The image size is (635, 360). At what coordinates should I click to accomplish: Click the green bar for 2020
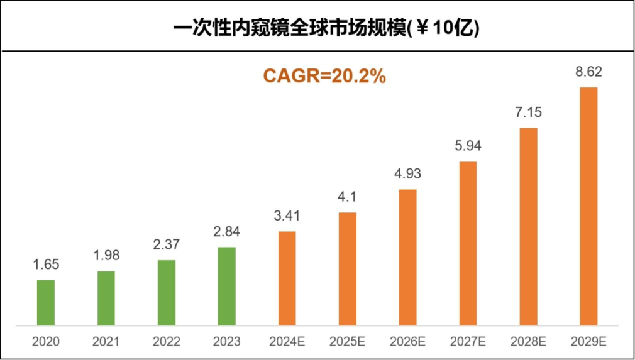(46, 303)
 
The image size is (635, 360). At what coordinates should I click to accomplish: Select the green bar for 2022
(167, 293)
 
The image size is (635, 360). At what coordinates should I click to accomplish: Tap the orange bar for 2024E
(287, 278)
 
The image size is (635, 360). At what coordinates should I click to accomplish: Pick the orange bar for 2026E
(408, 258)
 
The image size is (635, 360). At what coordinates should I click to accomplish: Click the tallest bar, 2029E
(588, 207)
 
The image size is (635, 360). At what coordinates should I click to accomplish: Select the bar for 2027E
(468, 244)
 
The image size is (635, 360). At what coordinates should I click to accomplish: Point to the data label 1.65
(46, 265)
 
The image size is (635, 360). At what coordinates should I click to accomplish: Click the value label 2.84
(227, 232)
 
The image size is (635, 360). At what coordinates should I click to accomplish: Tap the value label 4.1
(347, 197)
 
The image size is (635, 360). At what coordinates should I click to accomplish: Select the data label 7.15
(528, 113)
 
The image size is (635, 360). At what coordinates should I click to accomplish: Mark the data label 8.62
(588, 72)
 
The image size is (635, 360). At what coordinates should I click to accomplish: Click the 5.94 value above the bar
(468, 146)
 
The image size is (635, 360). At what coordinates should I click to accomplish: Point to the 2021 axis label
(106, 342)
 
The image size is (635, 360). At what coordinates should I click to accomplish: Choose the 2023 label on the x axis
(227, 342)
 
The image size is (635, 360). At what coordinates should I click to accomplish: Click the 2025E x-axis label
(347, 342)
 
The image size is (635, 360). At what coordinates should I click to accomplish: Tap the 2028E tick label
(528, 342)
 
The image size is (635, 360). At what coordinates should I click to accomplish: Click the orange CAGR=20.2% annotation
(324, 76)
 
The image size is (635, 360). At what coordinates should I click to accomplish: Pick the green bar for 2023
(227, 286)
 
